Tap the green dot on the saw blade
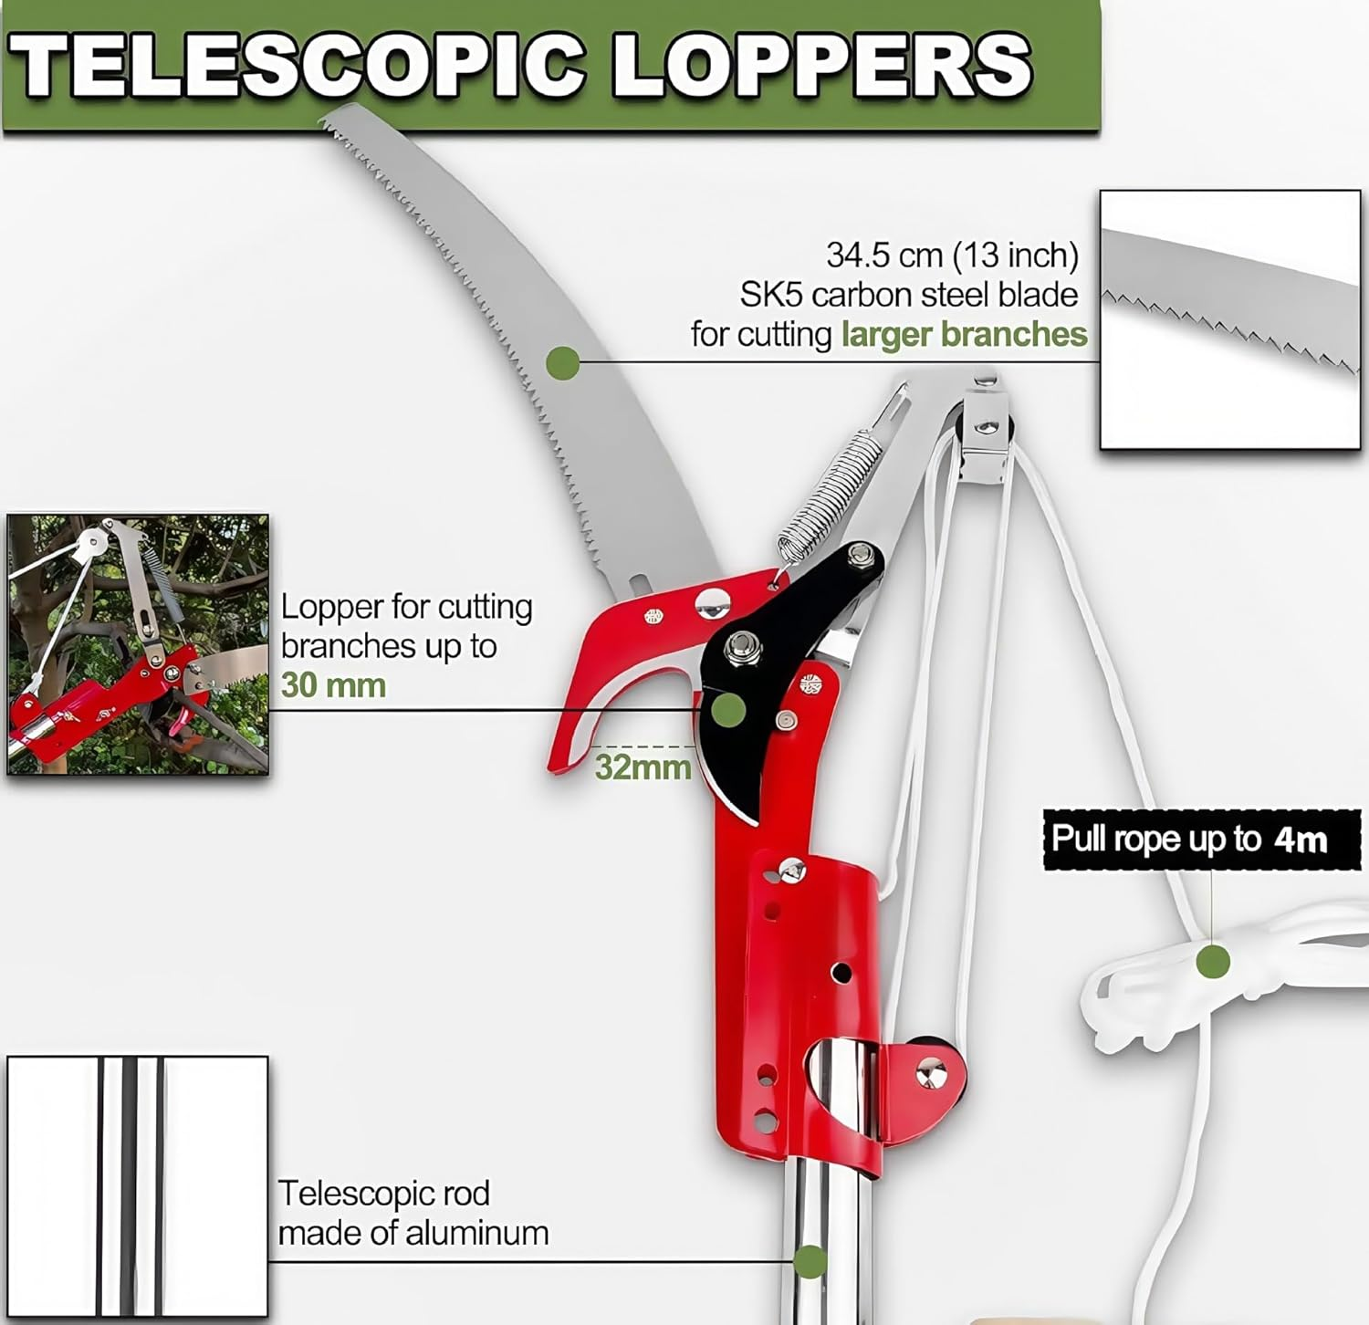[x=562, y=363]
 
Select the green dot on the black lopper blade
[x=727, y=709]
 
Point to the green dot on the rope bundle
[x=1212, y=961]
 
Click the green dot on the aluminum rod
[x=810, y=1262]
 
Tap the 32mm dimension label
[x=643, y=767]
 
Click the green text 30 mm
[x=333, y=685]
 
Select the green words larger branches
[x=964, y=335]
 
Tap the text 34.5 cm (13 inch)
[x=952, y=255]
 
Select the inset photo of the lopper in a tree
[x=138, y=644]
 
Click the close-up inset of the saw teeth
[x=1229, y=319]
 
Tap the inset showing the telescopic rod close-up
[x=138, y=1186]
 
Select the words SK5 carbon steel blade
[x=908, y=295]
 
